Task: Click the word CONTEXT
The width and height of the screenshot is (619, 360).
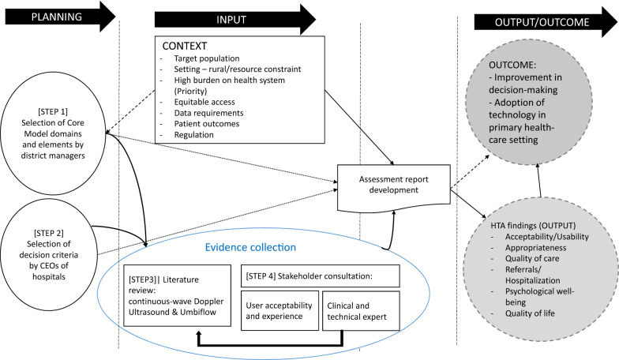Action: (185, 46)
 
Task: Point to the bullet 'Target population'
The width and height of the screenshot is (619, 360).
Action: (207, 58)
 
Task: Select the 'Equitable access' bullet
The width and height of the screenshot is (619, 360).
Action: (204, 102)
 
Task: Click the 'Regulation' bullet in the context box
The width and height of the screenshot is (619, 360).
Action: (193, 134)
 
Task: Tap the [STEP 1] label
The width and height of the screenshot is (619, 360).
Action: (53, 112)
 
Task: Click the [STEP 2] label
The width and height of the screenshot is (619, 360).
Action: (49, 234)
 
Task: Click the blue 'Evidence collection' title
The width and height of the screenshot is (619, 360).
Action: (250, 248)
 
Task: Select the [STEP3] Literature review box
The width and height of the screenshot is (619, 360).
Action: (177, 295)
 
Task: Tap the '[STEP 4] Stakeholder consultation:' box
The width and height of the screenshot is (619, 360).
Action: (321, 276)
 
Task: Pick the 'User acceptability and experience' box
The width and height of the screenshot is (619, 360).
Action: (279, 311)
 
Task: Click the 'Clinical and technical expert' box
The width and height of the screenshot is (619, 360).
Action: (362, 311)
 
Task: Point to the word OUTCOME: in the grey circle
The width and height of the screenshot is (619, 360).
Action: (512, 65)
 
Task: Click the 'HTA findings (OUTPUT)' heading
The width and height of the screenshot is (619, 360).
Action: (533, 226)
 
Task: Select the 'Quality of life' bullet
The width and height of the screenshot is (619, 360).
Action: (530, 313)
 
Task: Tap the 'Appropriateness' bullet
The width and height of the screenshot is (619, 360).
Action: (535, 248)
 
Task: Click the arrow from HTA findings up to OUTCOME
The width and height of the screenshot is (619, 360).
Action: (538, 180)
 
